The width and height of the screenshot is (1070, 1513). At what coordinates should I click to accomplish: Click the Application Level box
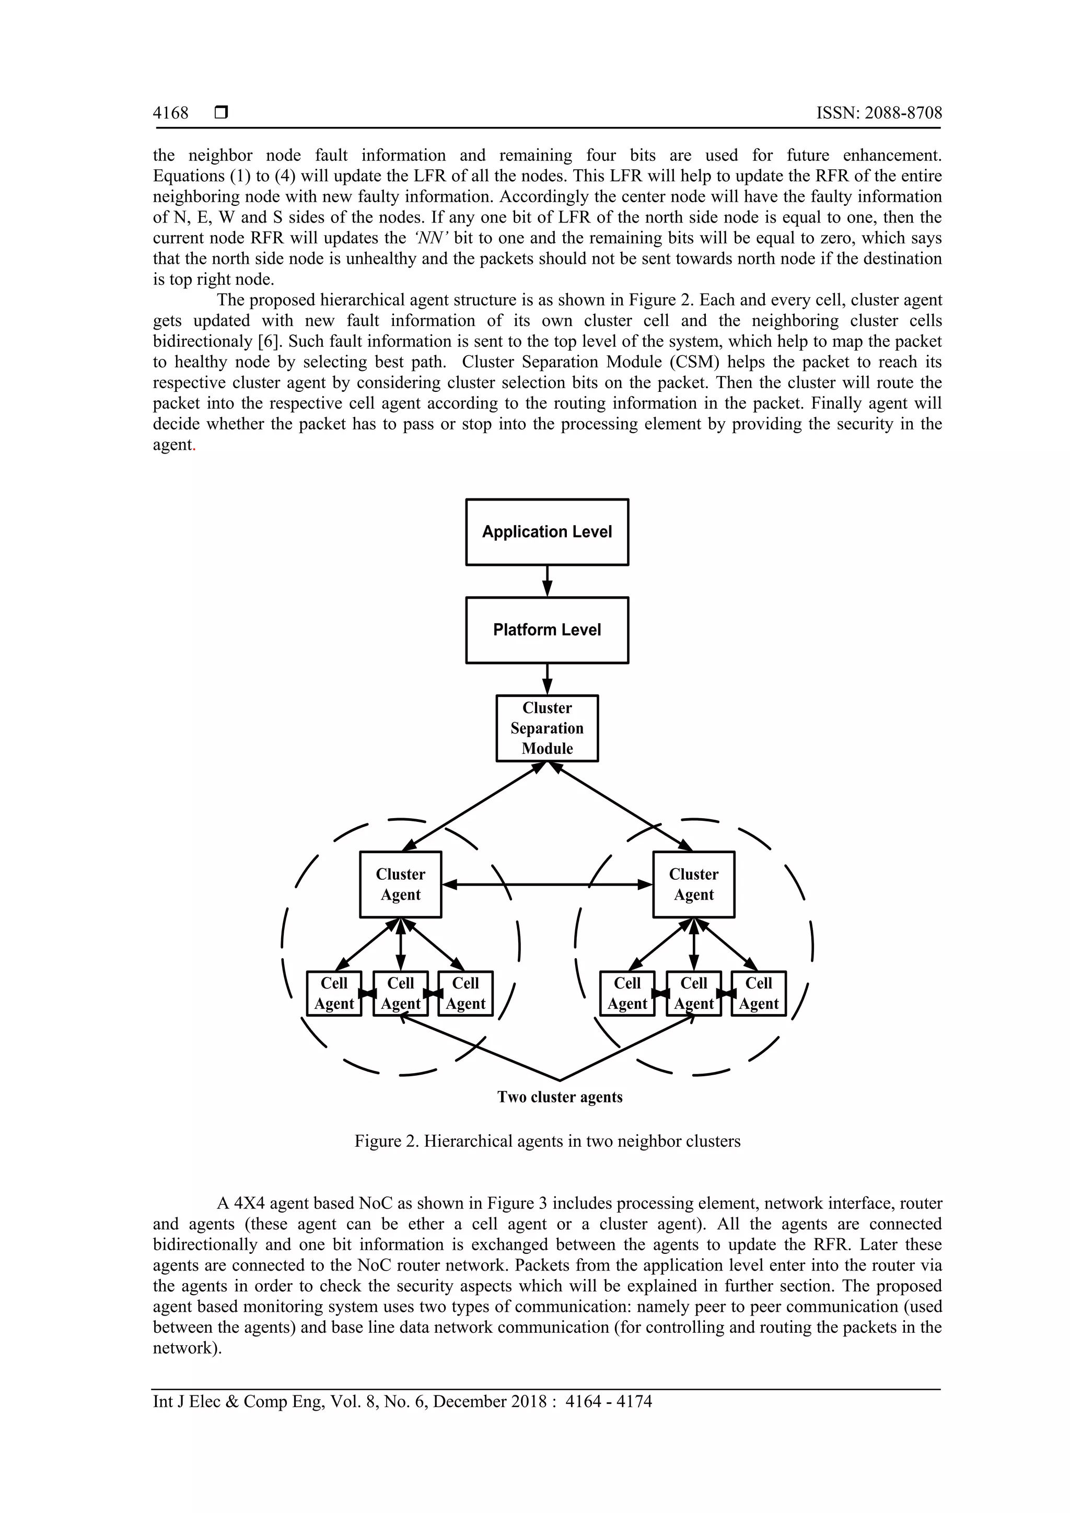coord(547,532)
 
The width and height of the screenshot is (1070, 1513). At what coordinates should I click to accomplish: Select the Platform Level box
coord(547,630)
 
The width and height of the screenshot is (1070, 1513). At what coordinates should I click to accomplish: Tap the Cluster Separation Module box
coord(547,728)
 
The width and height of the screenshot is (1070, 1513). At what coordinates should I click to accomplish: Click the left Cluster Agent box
coord(401,884)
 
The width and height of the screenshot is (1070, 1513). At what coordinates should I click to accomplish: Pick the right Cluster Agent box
coord(694,884)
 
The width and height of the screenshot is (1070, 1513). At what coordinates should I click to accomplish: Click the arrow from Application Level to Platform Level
coord(547,581)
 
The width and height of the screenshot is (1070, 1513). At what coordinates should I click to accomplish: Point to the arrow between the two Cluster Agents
coord(547,884)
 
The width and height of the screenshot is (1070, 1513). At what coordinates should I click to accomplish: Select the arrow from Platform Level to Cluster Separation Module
coord(547,679)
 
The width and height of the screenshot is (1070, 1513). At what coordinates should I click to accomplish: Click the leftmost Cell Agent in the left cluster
coord(334,993)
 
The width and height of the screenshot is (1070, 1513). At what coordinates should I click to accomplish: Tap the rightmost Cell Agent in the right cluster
coord(759,993)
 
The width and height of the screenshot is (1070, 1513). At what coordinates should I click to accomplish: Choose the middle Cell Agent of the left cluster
coord(401,993)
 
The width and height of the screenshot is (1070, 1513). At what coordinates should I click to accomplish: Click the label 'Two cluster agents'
coord(560,1097)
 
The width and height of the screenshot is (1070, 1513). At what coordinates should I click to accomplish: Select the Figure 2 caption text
coord(547,1142)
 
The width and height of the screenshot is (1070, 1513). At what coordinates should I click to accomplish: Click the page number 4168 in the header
coord(171,113)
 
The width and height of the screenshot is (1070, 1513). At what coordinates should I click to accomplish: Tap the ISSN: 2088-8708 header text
coord(879,113)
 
